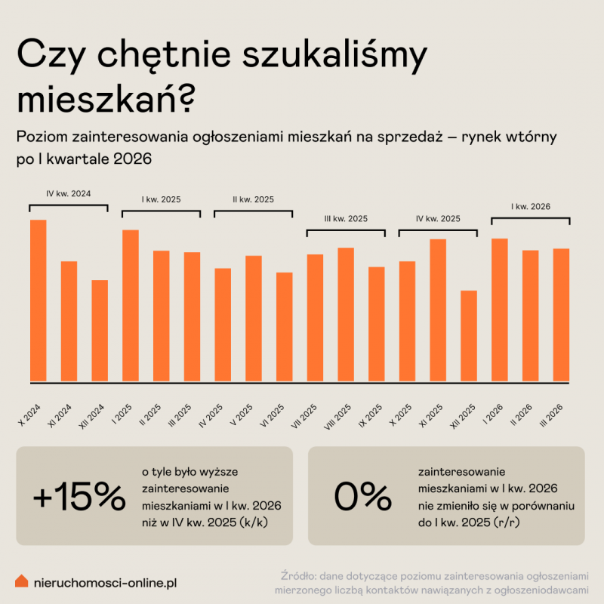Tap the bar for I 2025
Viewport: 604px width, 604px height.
point(131,306)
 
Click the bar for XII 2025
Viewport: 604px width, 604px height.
point(469,336)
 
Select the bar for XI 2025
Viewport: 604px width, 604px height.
point(438,310)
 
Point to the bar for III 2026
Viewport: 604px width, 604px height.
point(561,315)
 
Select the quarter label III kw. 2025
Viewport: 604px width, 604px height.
point(346,219)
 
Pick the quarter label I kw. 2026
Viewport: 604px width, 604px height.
point(530,206)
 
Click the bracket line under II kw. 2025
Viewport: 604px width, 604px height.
point(253,211)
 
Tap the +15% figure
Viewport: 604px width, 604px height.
point(79,496)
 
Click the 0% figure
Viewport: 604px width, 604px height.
point(362,496)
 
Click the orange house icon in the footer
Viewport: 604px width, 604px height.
point(22,581)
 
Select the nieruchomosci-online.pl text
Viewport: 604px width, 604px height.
point(106,582)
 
